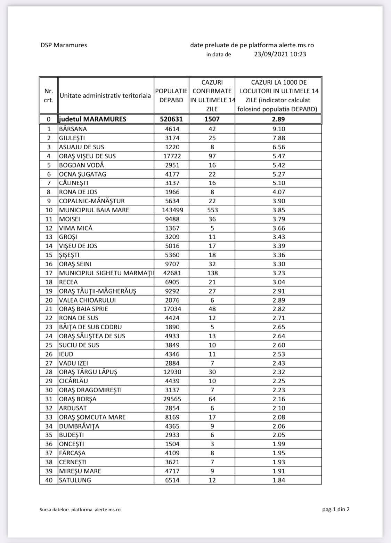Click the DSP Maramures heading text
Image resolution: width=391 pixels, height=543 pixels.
tap(64, 45)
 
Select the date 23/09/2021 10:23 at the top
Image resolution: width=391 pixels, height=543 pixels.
tap(280, 54)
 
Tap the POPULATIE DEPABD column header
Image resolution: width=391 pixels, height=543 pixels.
tap(171, 95)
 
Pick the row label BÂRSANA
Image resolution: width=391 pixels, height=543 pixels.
tap(73, 129)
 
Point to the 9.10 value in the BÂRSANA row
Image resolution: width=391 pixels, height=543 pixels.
tap(278, 129)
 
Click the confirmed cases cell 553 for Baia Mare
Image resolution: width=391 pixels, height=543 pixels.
tap(212, 210)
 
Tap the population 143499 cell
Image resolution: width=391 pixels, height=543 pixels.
tap(171, 210)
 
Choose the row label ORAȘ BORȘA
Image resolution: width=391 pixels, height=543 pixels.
tap(78, 399)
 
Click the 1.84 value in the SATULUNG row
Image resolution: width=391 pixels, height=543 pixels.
tap(278, 480)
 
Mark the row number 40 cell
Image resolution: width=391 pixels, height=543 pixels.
tap(49, 480)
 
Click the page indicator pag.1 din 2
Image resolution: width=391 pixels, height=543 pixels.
tap(336, 510)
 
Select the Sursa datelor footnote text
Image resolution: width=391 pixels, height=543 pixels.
tap(80, 510)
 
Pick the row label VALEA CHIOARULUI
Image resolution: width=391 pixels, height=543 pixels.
tap(87, 300)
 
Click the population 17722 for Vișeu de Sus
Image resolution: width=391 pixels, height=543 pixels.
tap(171, 156)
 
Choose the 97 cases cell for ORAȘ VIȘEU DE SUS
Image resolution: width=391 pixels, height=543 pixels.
tap(212, 156)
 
